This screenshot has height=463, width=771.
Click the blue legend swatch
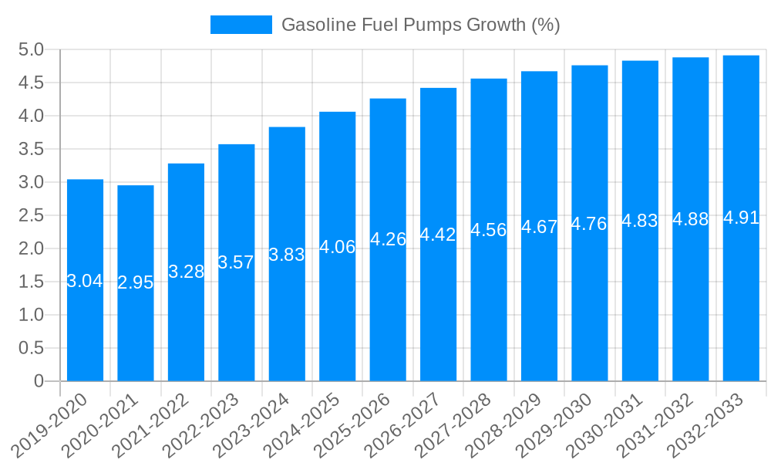tap(241, 25)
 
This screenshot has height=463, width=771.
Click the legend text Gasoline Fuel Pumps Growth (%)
tap(420, 25)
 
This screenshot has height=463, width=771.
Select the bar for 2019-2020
tap(85, 324)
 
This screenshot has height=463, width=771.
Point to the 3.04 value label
tap(85, 281)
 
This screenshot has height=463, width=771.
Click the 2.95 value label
tap(136, 282)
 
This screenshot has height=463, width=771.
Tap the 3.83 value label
tap(287, 255)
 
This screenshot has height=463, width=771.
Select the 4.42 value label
tap(438, 235)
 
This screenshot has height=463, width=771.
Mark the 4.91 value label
tap(741, 218)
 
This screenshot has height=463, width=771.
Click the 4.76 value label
tap(590, 224)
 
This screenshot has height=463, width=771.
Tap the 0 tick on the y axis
tap(39, 381)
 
